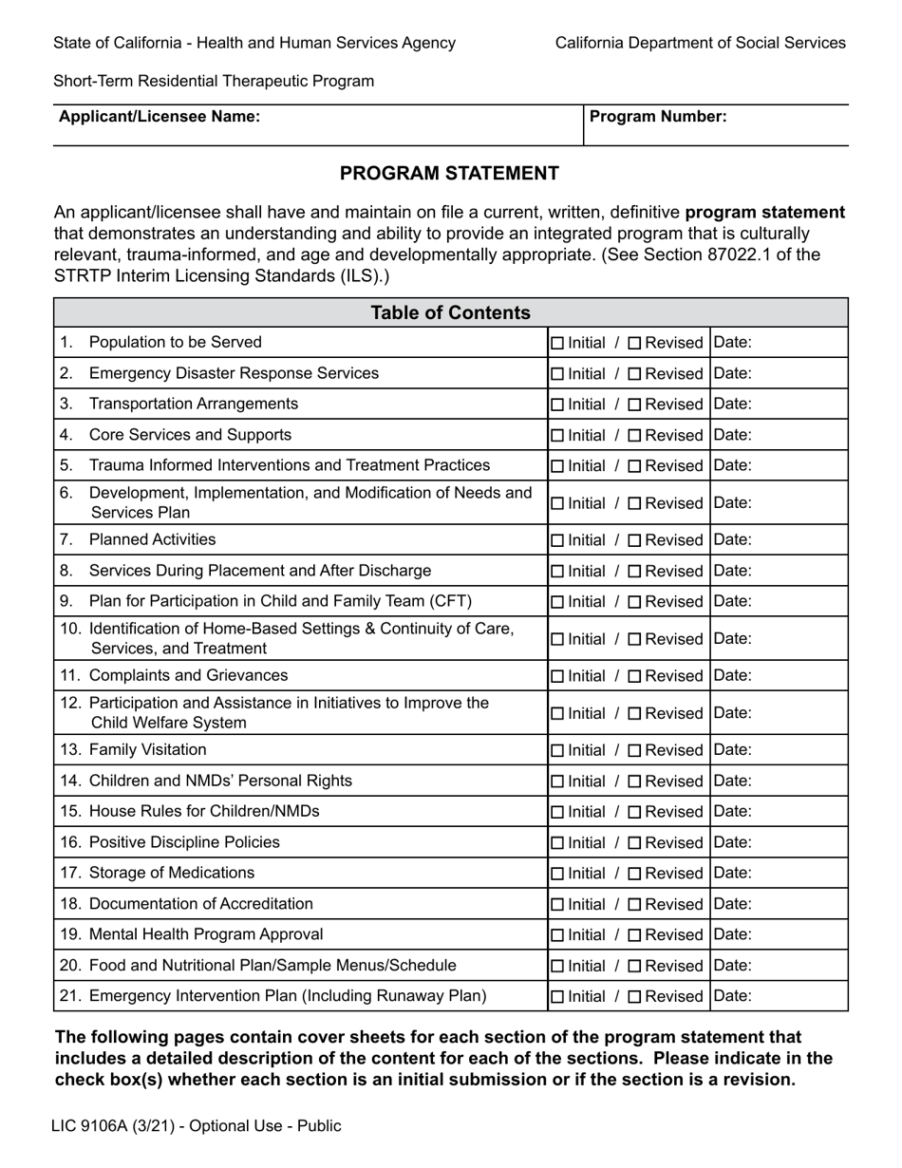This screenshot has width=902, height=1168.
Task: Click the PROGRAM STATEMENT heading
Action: pyautogui.click(x=449, y=173)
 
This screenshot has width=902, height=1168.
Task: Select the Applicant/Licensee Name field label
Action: pyautogui.click(x=160, y=117)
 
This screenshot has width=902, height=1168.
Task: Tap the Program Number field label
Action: pyautogui.click(x=658, y=117)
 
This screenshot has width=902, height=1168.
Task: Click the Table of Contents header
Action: pyautogui.click(x=450, y=312)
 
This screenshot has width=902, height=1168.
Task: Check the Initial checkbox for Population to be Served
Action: pyautogui.click(x=557, y=343)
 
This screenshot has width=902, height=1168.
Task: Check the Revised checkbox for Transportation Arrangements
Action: pyautogui.click(x=635, y=405)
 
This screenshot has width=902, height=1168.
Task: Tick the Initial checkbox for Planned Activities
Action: pyautogui.click(x=557, y=540)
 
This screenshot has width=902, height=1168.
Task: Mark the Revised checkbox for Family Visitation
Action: pyautogui.click(x=635, y=750)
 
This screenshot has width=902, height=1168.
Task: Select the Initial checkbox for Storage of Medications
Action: pyautogui.click(x=557, y=873)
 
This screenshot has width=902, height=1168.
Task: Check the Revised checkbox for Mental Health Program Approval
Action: pyautogui.click(x=635, y=934)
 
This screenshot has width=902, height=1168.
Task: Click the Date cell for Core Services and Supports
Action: pyautogui.click(x=779, y=435)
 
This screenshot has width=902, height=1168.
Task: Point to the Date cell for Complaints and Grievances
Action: pyautogui.click(x=779, y=676)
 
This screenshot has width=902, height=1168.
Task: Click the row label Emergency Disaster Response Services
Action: pyautogui.click(x=234, y=373)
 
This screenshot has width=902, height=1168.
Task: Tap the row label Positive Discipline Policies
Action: pyautogui.click(x=184, y=842)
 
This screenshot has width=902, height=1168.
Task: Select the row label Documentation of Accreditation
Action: pyautogui.click(x=200, y=904)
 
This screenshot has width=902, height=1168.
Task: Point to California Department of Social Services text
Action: pyautogui.click(x=700, y=43)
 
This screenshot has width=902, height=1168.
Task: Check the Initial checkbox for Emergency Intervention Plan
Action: pyautogui.click(x=557, y=996)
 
